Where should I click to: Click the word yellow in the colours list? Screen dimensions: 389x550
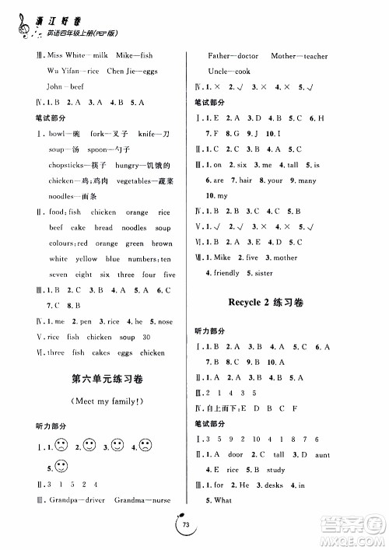pos(86,259)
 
